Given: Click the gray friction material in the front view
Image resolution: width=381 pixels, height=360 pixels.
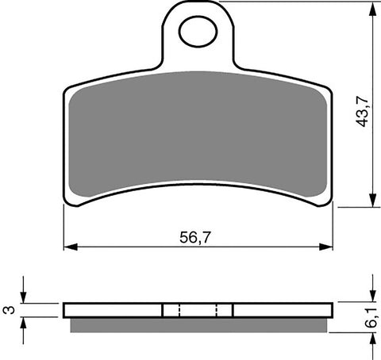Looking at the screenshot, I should tap(198, 131).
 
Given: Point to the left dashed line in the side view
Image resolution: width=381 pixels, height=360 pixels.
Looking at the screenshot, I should tap(179, 310).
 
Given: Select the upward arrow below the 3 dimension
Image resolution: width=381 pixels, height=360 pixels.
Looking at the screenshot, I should tap(25, 323).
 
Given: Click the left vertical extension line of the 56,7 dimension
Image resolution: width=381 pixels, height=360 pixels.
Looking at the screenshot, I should tap(63, 230).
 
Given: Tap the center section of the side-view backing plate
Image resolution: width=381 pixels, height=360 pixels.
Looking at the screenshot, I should tap(198, 310).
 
